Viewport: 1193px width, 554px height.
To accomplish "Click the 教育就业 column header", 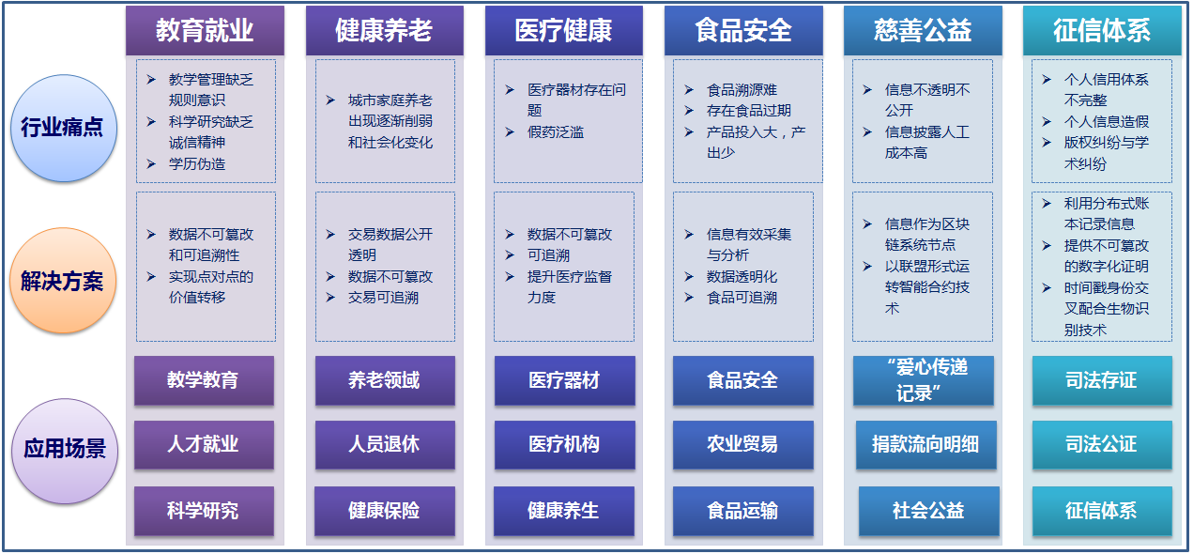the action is coord(205,30).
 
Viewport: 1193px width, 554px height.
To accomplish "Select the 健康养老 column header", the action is coord(385,30).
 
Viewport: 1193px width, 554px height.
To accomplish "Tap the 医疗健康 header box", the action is coord(564,30).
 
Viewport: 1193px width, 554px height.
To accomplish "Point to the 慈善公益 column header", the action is coord(923,30).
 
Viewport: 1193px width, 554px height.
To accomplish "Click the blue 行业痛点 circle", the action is coord(64,128).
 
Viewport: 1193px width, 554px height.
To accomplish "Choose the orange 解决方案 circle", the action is coord(64,281).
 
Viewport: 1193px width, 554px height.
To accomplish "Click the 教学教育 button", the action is coord(204,380).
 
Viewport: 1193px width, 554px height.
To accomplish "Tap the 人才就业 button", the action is coord(204,444).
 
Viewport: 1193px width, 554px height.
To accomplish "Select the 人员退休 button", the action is coord(385,444).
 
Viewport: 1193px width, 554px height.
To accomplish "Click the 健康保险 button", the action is coord(385,510).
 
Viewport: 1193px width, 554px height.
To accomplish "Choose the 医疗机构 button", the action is coord(564,444).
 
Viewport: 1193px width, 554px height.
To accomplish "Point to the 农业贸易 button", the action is coord(743,444).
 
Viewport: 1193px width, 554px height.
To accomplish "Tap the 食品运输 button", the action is coord(743,510).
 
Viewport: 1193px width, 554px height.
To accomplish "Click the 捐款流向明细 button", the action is coord(926,444).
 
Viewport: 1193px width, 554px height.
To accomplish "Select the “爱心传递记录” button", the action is coord(924,380).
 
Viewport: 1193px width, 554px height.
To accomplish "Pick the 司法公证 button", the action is coord(1103,444).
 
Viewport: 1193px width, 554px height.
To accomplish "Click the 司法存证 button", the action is coord(1103,380).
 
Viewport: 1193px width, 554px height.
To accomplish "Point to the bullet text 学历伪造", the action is coord(197,164).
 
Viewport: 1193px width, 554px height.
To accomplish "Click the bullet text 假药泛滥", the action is coord(556,132).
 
